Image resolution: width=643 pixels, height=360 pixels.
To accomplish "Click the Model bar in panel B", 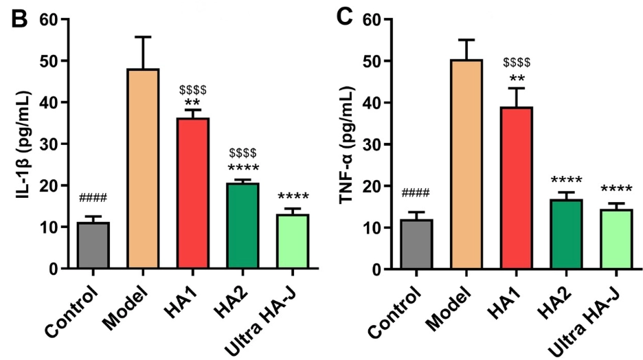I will [x=143, y=168].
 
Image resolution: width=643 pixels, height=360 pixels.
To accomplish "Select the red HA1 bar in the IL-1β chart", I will [x=193, y=193].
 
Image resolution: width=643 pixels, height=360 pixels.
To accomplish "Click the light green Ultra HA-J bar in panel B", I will [x=293, y=241].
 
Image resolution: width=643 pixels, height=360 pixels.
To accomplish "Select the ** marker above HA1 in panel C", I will [x=517, y=78].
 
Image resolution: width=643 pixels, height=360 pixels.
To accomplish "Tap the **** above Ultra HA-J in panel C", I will [x=616, y=190].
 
